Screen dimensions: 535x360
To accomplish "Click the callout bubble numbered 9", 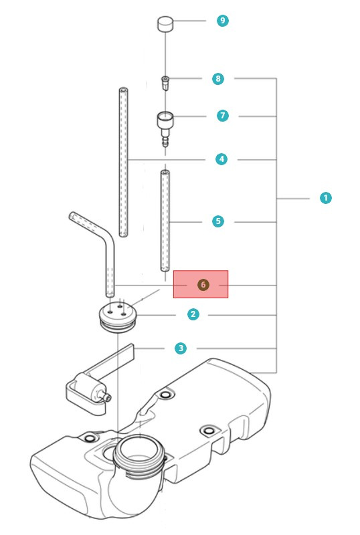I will click(223, 21).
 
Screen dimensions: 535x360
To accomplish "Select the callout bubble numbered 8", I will click(218, 79).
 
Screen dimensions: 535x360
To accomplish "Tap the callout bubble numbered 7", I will click(223, 116).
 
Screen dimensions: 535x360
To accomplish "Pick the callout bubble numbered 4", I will click(221, 159).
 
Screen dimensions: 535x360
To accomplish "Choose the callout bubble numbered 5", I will click(218, 221).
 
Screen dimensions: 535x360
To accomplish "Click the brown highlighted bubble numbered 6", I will click(203, 285).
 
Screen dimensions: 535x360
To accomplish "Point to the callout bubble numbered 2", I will click(193, 314).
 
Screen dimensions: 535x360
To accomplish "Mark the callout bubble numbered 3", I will click(181, 348).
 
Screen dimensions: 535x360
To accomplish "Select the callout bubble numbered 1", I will click(325, 198).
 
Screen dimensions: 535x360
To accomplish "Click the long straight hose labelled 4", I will click(124, 160).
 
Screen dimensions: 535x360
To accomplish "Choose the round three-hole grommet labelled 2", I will click(117, 315).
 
